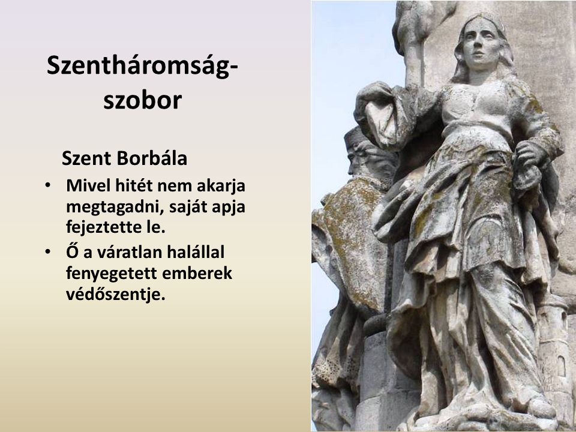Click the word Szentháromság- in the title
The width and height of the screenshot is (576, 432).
pos(142,67)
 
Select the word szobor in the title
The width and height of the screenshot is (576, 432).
pos(143,100)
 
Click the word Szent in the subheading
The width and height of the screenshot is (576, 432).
pos(86,158)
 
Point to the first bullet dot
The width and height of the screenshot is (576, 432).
pos(47,185)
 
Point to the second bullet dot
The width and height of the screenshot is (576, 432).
pos(47,252)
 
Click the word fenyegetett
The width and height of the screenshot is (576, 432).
pos(112,274)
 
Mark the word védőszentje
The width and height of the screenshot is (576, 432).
pos(116,294)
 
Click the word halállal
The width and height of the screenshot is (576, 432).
pos(196,252)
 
